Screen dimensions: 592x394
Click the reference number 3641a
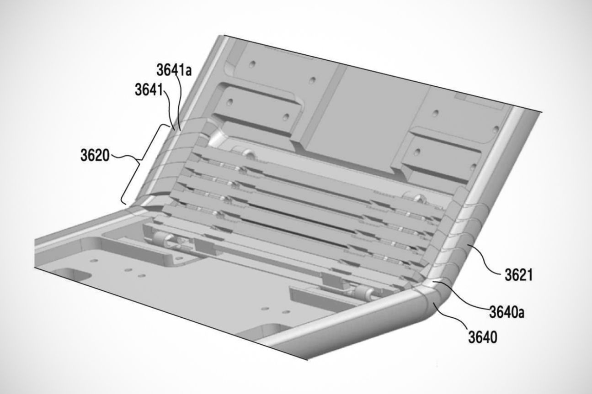174,70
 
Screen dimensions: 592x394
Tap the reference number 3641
149,89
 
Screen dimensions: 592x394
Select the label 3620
95,155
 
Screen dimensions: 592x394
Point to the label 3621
519,275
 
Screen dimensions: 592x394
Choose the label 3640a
507,312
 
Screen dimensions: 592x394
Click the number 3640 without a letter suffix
483,337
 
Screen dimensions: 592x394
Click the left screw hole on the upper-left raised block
230,102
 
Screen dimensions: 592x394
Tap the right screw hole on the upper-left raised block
285,116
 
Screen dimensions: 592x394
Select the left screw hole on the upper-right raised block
417,152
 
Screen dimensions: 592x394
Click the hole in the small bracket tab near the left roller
180,258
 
